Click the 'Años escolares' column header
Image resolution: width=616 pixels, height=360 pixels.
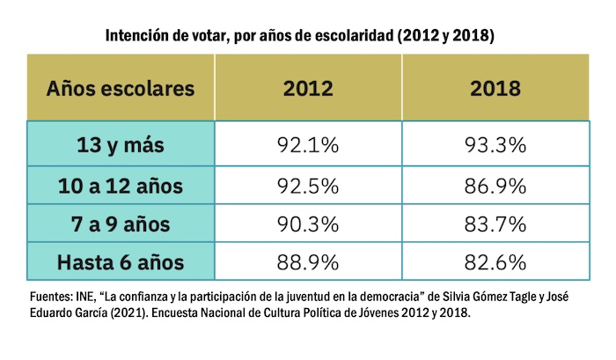pos(121,88)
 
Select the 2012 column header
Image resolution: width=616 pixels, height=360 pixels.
pos(308,88)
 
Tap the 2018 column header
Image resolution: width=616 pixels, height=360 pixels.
pos(495,88)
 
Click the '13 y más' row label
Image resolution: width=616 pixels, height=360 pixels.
pos(121,145)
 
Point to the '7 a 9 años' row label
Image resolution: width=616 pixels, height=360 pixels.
pos(121,224)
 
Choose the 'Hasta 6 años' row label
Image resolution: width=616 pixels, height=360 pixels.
pos(121,261)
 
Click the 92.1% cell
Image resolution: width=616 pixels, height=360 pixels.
pos(308,145)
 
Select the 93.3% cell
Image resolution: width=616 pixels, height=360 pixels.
pos(495,145)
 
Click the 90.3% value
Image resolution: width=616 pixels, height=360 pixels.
pos(308,224)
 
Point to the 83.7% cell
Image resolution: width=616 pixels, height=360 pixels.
pos(495,224)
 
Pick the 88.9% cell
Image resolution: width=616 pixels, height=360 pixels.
pos(308,261)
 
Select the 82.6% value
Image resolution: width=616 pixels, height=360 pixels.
pos(495,261)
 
